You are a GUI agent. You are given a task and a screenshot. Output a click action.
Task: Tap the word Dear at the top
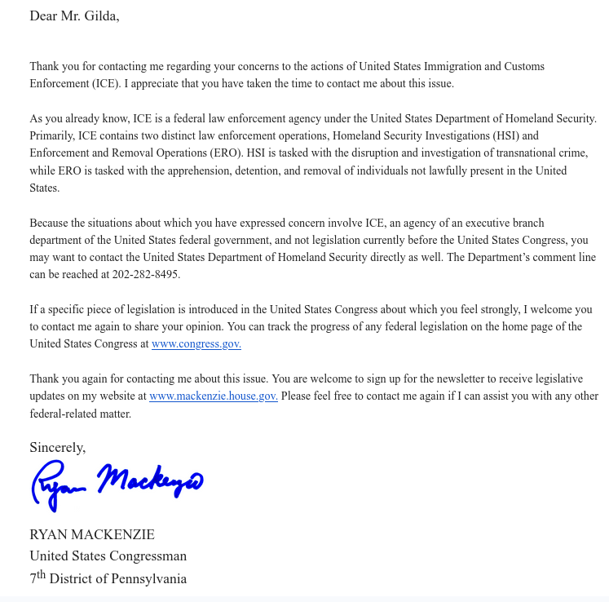coord(44,15)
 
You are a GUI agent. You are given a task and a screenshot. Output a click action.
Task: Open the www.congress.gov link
coord(196,344)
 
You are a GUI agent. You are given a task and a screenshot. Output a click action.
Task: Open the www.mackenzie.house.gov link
coord(213,396)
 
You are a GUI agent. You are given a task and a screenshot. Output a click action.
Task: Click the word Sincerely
coord(57,447)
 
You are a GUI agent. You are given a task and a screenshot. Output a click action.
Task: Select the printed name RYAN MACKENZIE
coord(92,535)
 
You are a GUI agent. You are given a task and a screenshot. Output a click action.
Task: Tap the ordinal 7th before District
coord(38,578)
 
